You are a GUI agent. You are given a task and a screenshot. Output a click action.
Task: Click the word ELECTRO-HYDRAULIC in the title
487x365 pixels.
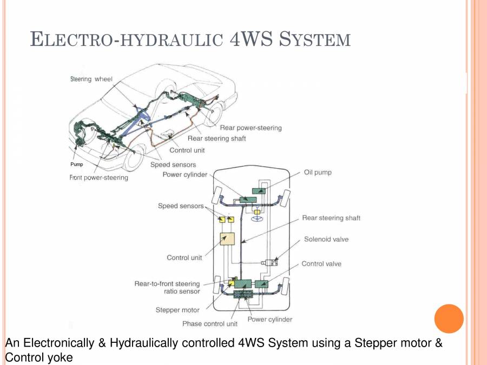click(126, 39)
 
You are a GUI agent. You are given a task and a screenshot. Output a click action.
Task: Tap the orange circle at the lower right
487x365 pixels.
click(449, 318)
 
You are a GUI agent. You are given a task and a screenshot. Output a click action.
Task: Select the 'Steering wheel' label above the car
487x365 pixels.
click(91, 79)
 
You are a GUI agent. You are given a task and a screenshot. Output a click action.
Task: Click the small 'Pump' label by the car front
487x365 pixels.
click(77, 164)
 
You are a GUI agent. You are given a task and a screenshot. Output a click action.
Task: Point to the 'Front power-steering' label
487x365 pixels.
click(99, 177)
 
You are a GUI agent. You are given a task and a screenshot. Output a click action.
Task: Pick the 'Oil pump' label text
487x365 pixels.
click(318, 172)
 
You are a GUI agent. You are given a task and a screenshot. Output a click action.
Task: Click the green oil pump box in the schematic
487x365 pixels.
click(262, 190)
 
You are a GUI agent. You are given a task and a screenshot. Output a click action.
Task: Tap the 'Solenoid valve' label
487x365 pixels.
click(326, 239)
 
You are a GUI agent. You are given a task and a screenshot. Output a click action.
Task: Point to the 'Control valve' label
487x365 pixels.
click(321, 264)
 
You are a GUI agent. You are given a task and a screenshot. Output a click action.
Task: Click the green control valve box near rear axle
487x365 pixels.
click(262, 284)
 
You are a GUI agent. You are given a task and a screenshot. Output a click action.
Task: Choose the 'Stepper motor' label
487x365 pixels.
click(177, 310)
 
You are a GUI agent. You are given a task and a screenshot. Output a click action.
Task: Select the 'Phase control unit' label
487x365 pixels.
click(210, 324)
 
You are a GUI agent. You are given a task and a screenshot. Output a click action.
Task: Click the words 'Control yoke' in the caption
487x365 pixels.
click(38, 357)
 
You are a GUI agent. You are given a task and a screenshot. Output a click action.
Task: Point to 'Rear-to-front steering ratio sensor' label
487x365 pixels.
click(167, 287)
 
